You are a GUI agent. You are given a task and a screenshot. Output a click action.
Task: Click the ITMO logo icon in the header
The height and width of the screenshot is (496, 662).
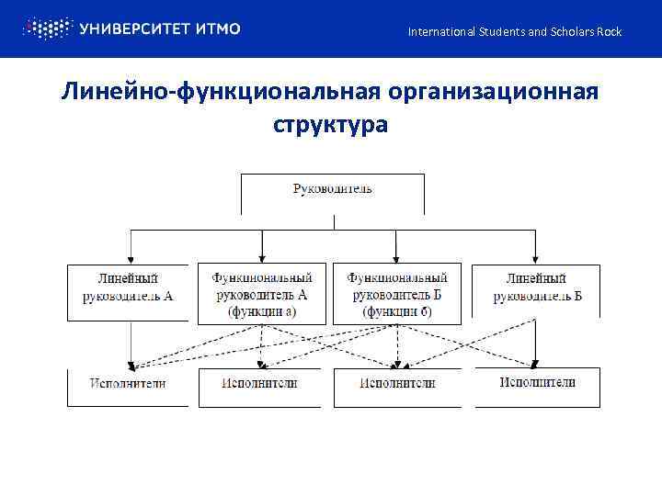[45, 28]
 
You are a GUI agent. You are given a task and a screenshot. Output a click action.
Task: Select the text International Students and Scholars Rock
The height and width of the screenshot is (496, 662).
[515, 32]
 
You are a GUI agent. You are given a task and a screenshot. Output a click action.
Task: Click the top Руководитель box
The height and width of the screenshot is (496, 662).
[333, 190]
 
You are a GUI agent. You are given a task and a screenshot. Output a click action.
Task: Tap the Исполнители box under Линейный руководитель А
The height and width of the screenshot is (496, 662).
[128, 384]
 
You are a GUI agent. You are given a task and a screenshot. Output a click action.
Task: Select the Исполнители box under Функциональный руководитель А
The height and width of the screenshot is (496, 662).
[260, 384]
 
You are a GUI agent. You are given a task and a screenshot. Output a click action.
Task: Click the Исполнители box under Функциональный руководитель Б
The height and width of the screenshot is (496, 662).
[397, 384]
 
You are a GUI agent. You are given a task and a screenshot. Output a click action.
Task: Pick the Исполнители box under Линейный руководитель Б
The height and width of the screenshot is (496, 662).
[538, 383]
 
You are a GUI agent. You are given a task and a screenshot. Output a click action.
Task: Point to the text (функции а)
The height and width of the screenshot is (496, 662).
[262, 312]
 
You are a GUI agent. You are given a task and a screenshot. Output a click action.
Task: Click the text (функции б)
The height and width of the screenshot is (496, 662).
[397, 312]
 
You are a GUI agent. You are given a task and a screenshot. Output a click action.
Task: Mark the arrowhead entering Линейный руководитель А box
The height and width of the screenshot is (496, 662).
[131, 259]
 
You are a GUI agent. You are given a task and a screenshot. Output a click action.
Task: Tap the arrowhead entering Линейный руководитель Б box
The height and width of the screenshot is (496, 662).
[536, 259]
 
